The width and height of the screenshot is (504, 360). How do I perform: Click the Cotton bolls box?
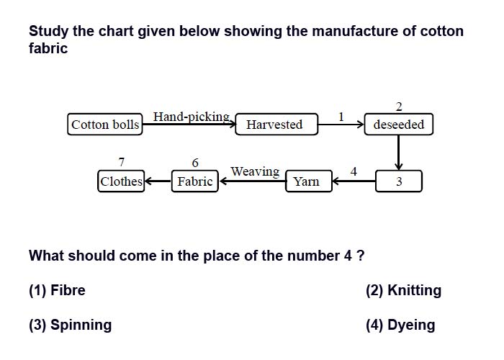105,124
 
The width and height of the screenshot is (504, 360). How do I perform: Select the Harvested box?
276,124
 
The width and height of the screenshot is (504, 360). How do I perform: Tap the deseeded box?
399,124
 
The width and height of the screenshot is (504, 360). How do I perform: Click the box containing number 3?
399,181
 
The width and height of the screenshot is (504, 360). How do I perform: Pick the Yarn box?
309,181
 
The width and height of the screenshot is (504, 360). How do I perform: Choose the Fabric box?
195,181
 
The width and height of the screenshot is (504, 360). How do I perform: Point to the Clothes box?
121,181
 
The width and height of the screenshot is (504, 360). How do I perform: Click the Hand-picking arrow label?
192,117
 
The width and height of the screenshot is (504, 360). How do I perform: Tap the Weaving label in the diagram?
255,171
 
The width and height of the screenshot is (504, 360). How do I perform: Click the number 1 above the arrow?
341,117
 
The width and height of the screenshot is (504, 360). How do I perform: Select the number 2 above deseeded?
399,107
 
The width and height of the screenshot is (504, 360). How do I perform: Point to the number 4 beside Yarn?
354,171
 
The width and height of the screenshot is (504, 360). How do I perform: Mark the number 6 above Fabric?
195,163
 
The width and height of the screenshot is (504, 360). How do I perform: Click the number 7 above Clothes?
121,162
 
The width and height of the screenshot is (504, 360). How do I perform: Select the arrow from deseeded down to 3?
399,153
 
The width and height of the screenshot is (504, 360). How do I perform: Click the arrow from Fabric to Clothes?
158,181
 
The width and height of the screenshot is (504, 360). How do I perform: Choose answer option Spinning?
71,325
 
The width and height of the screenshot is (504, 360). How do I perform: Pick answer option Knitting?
403,290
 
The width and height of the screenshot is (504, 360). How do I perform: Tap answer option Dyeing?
400,325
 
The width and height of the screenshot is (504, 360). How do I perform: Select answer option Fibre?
57,290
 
